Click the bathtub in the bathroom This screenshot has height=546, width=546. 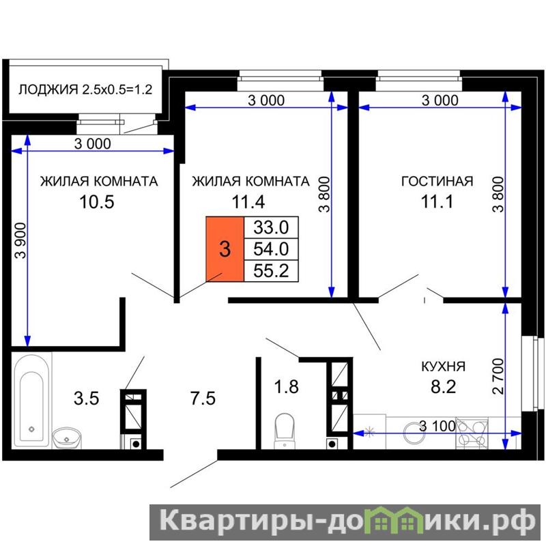[x=31, y=401]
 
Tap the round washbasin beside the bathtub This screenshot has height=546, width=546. [x=66, y=439]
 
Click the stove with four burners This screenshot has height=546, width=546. [x=472, y=433]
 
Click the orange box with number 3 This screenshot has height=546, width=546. [x=225, y=249]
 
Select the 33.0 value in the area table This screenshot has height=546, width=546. [x=271, y=227]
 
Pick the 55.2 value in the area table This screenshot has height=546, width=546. [x=271, y=270]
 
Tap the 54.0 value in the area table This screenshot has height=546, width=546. [x=271, y=249]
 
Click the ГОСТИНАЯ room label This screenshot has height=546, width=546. [x=437, y=182]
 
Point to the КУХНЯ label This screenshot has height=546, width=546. [x=443, y=367]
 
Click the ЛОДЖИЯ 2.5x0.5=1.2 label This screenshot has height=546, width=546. [x=85, y=89]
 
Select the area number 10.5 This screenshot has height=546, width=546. [x=97, y=201]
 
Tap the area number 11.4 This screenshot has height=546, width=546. [x=248, y=201]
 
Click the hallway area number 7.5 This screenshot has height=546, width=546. [x=203, y=398]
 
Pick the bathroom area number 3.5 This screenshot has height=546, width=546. [x=87, y=398]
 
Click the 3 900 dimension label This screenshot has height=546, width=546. [x=21, y=240]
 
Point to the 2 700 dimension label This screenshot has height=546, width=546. [x=498, y=377]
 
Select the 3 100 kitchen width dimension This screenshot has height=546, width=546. [x=437, y=426]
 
